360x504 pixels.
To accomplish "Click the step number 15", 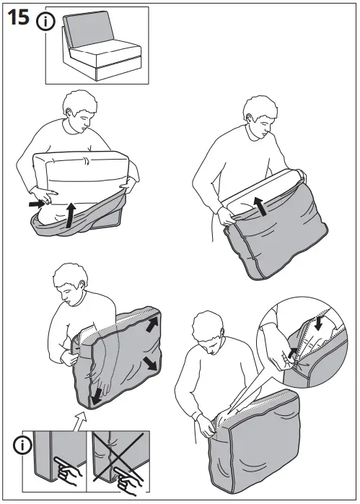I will point(19,18).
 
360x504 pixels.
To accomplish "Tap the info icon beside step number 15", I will point(45,21).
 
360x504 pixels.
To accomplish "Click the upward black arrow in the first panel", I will point(70,216).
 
